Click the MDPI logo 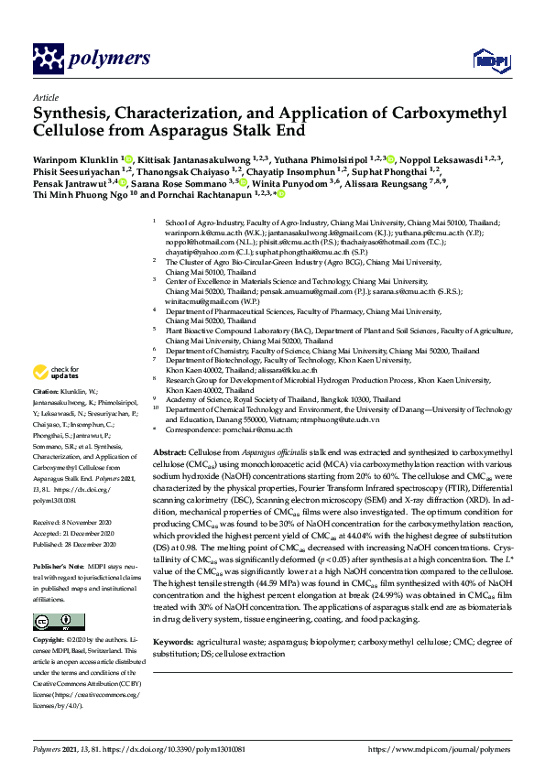click(x=485, y=60)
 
